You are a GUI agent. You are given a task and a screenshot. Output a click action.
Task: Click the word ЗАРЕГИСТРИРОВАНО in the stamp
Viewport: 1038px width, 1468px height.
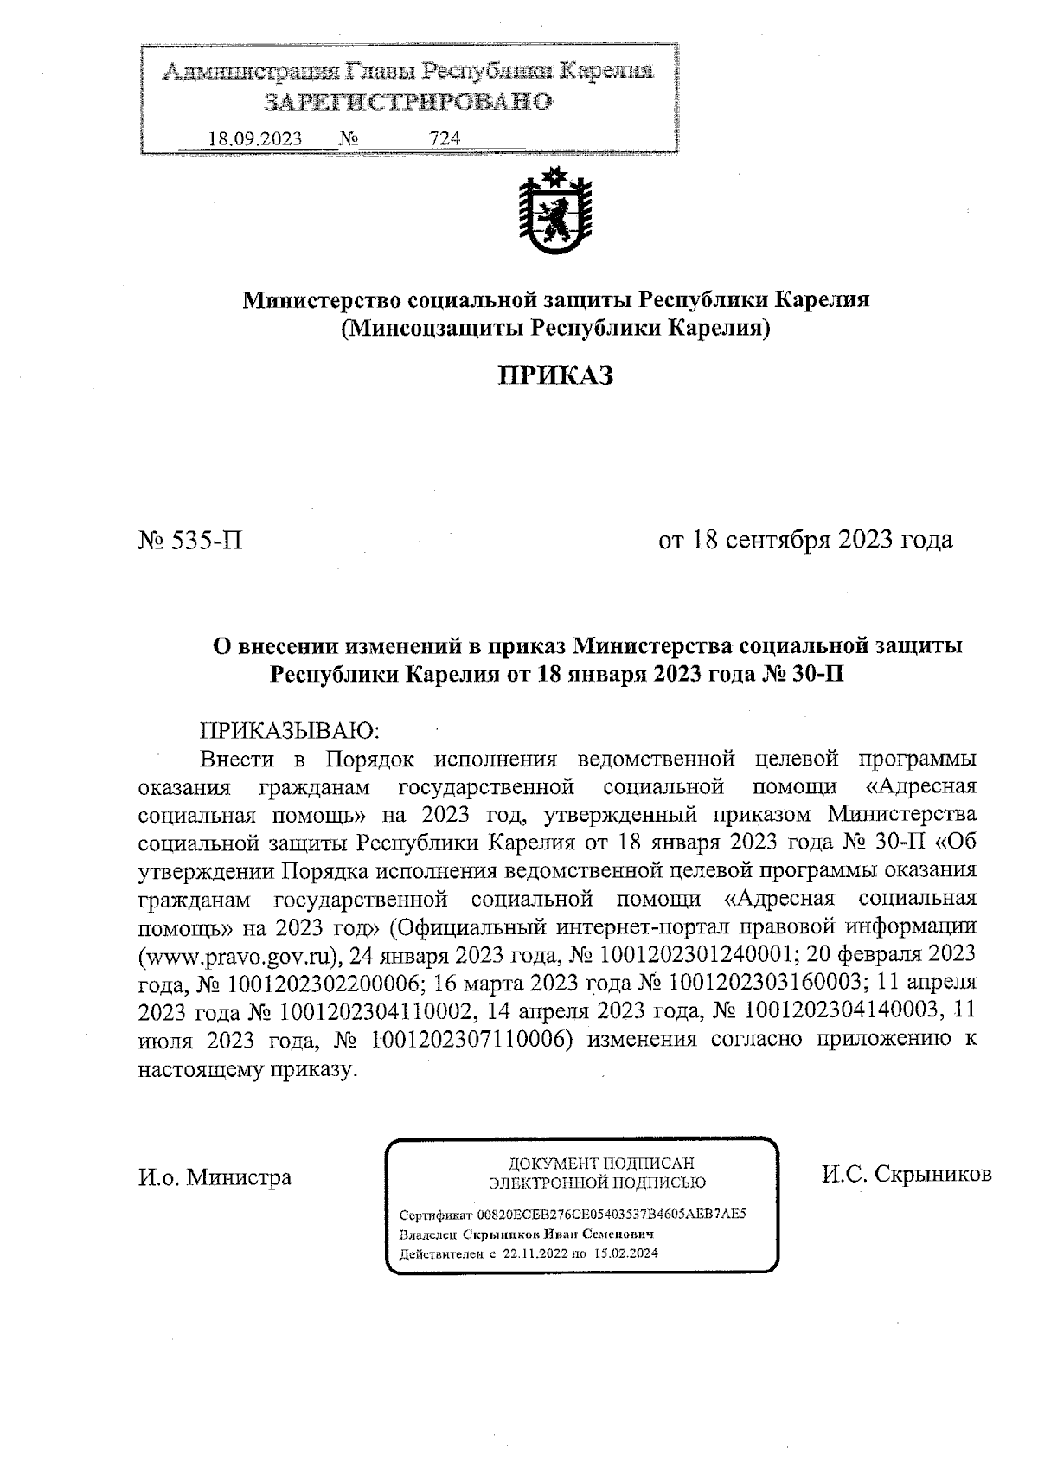coord(407,102)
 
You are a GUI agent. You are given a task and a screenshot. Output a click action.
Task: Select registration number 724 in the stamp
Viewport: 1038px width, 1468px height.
coord(445,138)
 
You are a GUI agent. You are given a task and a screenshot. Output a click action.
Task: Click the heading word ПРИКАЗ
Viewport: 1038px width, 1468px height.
coord(555,375)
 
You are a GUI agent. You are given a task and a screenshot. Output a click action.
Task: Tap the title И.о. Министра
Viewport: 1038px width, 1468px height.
coord(215,1177)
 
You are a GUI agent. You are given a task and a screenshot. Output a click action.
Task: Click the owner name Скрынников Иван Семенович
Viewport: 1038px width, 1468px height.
coord(558,1234)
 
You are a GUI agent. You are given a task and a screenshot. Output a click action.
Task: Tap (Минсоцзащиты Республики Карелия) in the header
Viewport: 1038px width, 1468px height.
coord(555,329)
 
